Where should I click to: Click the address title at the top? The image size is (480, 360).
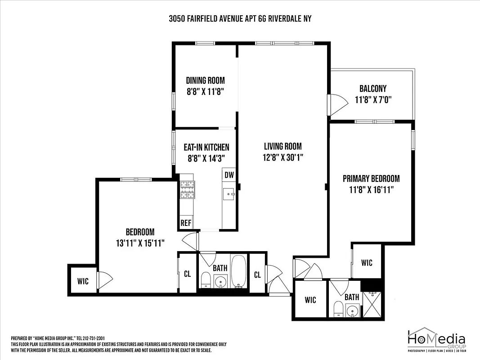coord(240,18)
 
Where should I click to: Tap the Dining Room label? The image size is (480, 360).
coord(205,81)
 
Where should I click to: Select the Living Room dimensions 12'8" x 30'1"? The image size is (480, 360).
coord(283,157)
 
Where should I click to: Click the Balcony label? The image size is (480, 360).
coord(372,89)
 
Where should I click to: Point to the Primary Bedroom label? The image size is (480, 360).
coord(371,179)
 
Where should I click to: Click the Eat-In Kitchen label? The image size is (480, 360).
coord(206,147)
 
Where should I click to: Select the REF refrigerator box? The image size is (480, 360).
coord(185,223)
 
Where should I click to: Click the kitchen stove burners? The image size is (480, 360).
coord(187,189)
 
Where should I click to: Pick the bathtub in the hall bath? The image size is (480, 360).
coord(238,271)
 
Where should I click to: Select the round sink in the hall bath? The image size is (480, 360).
coord(220,282)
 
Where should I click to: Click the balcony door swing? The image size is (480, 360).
coord(337,103)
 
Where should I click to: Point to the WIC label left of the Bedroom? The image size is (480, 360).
coord(83,281)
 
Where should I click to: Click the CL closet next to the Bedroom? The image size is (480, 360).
coord(187,274)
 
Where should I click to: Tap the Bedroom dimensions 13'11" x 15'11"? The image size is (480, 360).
coord(139,243)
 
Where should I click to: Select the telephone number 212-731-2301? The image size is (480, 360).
coord(91,338)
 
